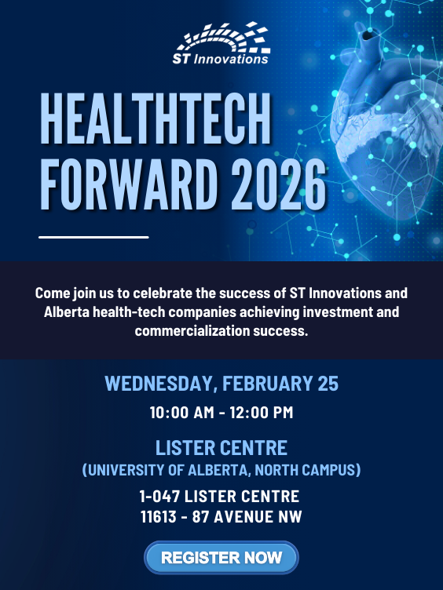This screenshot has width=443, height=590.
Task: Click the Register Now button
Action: click(x=222, y=558)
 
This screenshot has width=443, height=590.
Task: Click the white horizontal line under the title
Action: click(x=93, y=236)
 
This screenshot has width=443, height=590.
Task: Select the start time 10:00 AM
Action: click(x=180, y=412)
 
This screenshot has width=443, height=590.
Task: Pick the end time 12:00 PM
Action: click(x=262, y=412)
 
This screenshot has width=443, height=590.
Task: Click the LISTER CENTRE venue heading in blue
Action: click(x=222, y=448)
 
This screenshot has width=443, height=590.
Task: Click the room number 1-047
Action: click(x=159, y=497)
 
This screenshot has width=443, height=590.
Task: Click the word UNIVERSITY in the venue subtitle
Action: click(x=130, y=471)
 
